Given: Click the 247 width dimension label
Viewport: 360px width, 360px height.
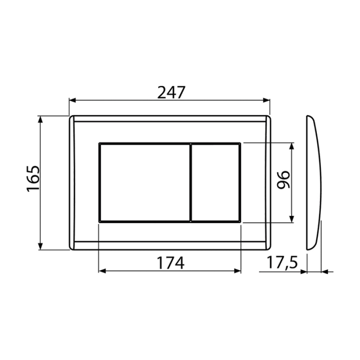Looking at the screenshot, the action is [171, 92].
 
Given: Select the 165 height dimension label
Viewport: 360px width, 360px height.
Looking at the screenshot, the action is [33, 178].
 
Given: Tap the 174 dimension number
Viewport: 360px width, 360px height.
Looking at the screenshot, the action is [170, 263].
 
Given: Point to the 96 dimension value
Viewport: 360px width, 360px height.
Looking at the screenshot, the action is [283, 180].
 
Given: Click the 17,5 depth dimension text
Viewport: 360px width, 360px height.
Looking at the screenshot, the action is [282, 262].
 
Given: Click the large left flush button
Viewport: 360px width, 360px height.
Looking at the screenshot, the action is [145, 183].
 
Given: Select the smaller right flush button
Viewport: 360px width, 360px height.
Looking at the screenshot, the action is [216, 183].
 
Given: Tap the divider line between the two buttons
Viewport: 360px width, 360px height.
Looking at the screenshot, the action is [191, 183].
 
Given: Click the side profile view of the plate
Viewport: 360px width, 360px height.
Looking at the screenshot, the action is [314, 183].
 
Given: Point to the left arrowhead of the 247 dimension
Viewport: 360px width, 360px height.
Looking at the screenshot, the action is [73, 100].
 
